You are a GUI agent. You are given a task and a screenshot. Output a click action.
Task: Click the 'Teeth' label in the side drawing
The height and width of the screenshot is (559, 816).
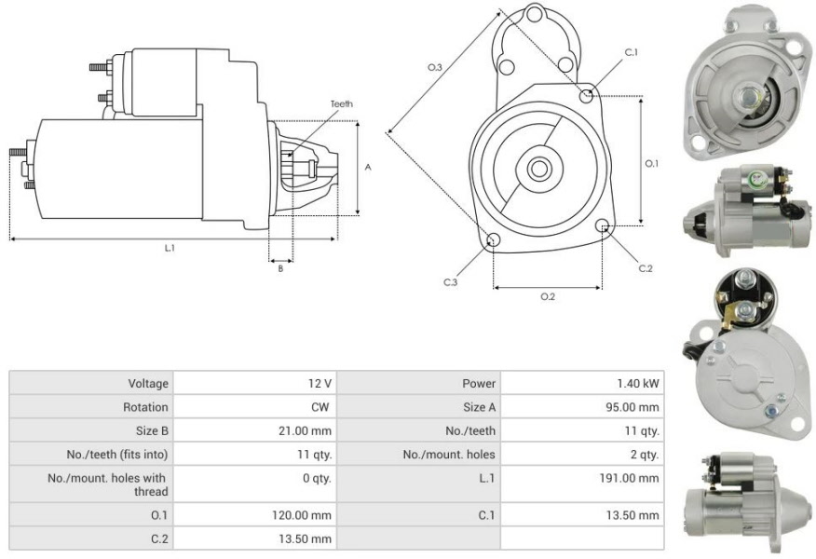(341, 104)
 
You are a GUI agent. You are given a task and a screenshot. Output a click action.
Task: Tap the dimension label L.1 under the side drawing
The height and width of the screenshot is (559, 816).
(170, 248)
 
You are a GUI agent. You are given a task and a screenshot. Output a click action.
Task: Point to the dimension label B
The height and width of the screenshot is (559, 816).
(280, 269)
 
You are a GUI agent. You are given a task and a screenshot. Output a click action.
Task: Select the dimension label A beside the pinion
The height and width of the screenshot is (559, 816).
(368, 168)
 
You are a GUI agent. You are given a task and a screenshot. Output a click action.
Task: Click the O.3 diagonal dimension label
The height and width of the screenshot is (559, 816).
(434, 67)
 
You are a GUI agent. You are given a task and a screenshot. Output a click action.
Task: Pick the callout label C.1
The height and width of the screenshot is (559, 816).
(632, 52)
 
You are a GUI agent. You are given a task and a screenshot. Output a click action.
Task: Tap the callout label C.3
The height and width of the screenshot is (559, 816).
(450, 282)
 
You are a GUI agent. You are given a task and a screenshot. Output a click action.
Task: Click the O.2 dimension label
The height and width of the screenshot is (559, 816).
(548, 296)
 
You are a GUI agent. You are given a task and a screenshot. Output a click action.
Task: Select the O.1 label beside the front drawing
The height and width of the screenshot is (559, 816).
(651, 163)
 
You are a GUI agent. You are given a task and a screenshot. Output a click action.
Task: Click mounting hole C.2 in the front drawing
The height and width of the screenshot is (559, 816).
(603, 225)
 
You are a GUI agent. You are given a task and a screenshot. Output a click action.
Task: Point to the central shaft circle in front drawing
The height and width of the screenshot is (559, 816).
(539, 169)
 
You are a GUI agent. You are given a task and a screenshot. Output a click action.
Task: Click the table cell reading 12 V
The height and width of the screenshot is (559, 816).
(319, 384)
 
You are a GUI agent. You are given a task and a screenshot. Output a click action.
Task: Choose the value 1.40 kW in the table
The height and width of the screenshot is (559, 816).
(638, 384)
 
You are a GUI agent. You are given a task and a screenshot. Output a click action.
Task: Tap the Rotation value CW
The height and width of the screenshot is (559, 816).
(320, 407)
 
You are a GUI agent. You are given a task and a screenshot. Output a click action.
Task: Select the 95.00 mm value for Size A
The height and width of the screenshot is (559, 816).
(632, 407)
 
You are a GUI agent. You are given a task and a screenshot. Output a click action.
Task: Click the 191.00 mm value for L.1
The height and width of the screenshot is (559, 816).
(629, 478)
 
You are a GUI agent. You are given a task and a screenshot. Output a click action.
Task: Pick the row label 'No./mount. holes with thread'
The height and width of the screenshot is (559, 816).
(108, 484)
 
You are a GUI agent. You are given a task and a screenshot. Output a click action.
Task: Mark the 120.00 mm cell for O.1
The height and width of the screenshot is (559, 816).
(301, 515)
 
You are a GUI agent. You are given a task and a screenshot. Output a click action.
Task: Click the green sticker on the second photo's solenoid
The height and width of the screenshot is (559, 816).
(755, 180)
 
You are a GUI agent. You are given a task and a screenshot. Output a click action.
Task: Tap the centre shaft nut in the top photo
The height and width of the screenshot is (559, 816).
(747, 96)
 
